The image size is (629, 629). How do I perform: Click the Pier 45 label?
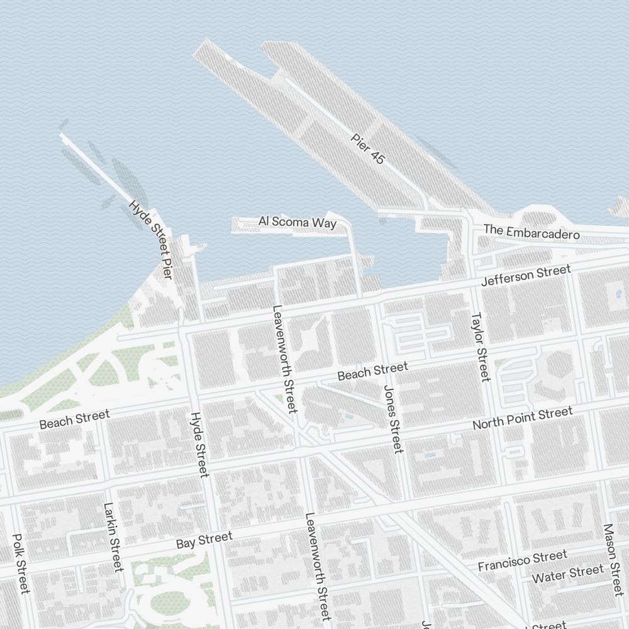coord(368,149)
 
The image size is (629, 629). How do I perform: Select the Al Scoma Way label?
coord(298,221)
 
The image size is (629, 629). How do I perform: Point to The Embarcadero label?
coord(531,232)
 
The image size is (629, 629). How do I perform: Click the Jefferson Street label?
coord(526,276)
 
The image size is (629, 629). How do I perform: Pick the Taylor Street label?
coord(480,347)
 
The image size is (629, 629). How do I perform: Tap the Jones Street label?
coord(392,419)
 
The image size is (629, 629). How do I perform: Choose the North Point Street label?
coord(523,418)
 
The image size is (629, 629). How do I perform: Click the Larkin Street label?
coord(113,537)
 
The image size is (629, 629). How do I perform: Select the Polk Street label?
coord(21,564)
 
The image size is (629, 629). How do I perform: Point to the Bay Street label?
coord(204,540)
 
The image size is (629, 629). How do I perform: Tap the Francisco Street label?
coord(522,560)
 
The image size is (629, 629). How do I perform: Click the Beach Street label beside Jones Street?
coord(372,371)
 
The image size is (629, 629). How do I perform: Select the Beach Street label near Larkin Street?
coord(74,419)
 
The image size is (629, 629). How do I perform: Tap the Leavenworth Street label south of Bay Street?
coord(318,566)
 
